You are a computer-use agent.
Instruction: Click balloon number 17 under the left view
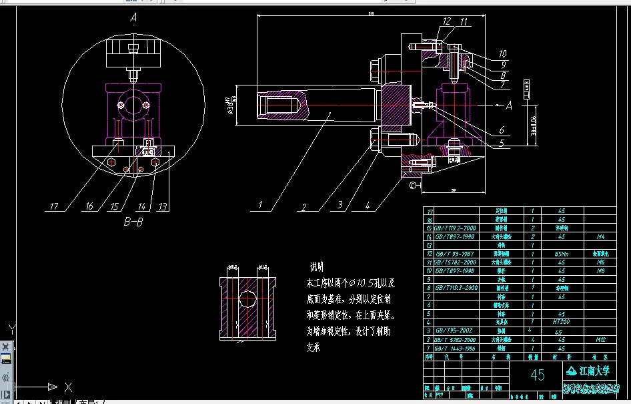[55, 206]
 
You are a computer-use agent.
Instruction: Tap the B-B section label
[135, 222]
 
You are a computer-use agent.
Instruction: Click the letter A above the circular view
[133, 20]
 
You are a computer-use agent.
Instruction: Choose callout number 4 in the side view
[368, 206]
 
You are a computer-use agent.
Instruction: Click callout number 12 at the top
[447, 21]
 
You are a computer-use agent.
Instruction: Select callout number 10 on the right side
[503, 53]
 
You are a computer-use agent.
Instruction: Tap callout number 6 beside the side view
[502, 131]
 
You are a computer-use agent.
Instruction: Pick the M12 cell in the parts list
[600, 339]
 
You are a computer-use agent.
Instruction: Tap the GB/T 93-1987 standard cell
[453, 254]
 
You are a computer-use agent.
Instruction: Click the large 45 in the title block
[538, 375]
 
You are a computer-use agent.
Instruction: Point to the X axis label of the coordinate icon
[68, 387]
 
